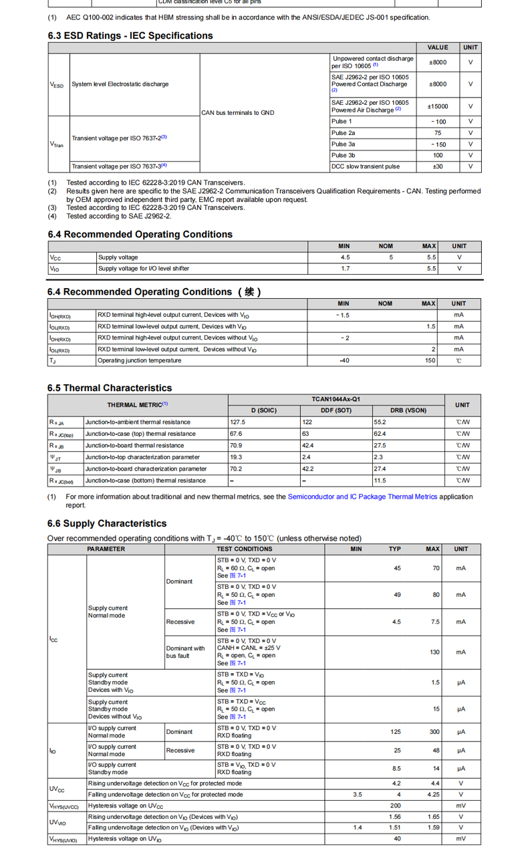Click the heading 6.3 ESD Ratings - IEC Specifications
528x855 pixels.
[x=130, y=35]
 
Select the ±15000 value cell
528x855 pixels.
[x=438, y=106]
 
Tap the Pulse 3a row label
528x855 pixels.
[x=344, y=144]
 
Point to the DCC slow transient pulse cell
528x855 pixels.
[x=366, y=166]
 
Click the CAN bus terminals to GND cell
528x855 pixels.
[x=238, y=113]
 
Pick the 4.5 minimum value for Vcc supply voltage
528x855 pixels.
[x=345, y=257]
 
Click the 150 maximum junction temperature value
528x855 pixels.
[x=430, y=360]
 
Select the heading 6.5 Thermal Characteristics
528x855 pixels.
[x=110, y=388]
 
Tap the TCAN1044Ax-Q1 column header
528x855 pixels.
[x=336, y=399]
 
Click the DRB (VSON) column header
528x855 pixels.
[x=408, y=410]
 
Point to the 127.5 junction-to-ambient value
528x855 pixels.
[x=238, y=422]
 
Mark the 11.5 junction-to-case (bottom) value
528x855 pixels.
[x=380, y=481]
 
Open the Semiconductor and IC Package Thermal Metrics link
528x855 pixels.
[x=362, y=497]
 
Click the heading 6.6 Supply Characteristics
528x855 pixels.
[x=107, y=523]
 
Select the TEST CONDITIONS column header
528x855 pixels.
[x=244, y=549]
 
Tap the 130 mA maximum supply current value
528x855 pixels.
[x=434, y=652]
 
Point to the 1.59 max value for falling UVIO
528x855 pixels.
[x=433, y=828]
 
